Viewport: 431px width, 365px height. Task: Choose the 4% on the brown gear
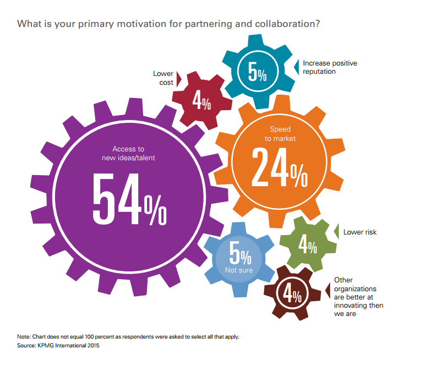[x=292, y=294]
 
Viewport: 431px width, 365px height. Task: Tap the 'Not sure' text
[x=238, y=270]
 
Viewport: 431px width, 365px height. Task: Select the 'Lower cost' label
[x=163, y=78]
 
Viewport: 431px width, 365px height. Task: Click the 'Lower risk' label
[x=360, y=232]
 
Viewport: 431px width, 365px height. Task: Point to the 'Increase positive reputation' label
[x=330, y=67]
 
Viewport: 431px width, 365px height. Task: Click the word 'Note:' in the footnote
[x=24, y=336]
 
